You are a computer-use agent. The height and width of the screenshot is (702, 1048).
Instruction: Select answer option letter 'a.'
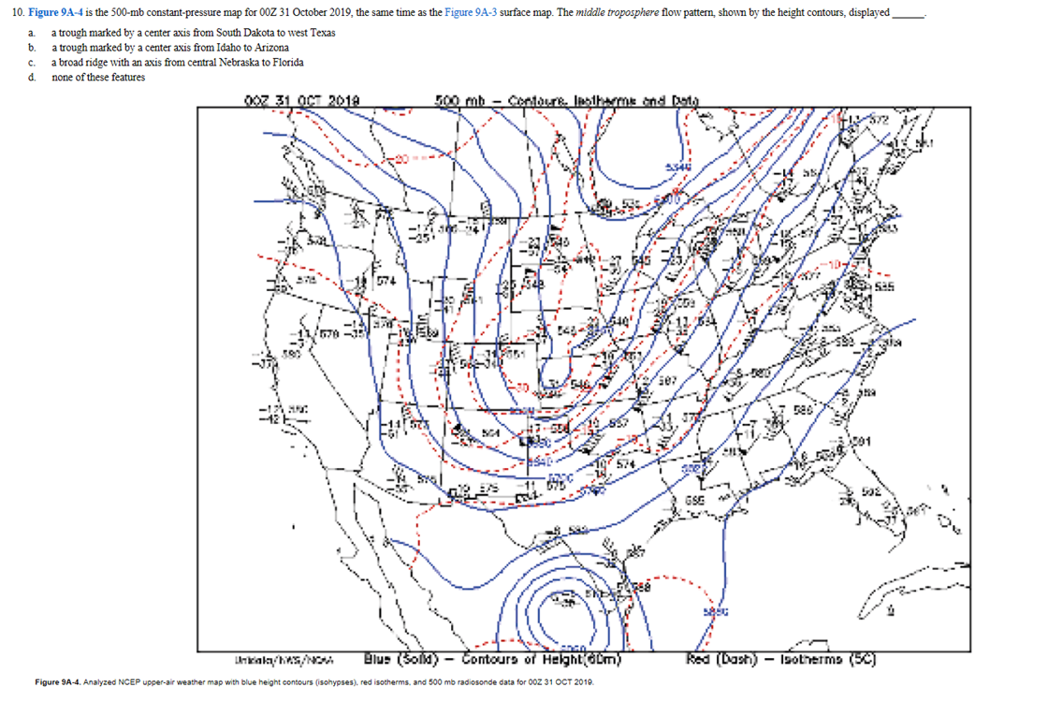31,33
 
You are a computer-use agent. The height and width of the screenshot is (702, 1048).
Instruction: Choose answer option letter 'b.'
31,47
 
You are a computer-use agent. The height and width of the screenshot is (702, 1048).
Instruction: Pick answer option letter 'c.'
31,62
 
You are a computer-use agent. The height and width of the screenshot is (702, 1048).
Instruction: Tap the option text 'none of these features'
98,77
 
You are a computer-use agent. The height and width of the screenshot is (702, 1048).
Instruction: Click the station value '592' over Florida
869,489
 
